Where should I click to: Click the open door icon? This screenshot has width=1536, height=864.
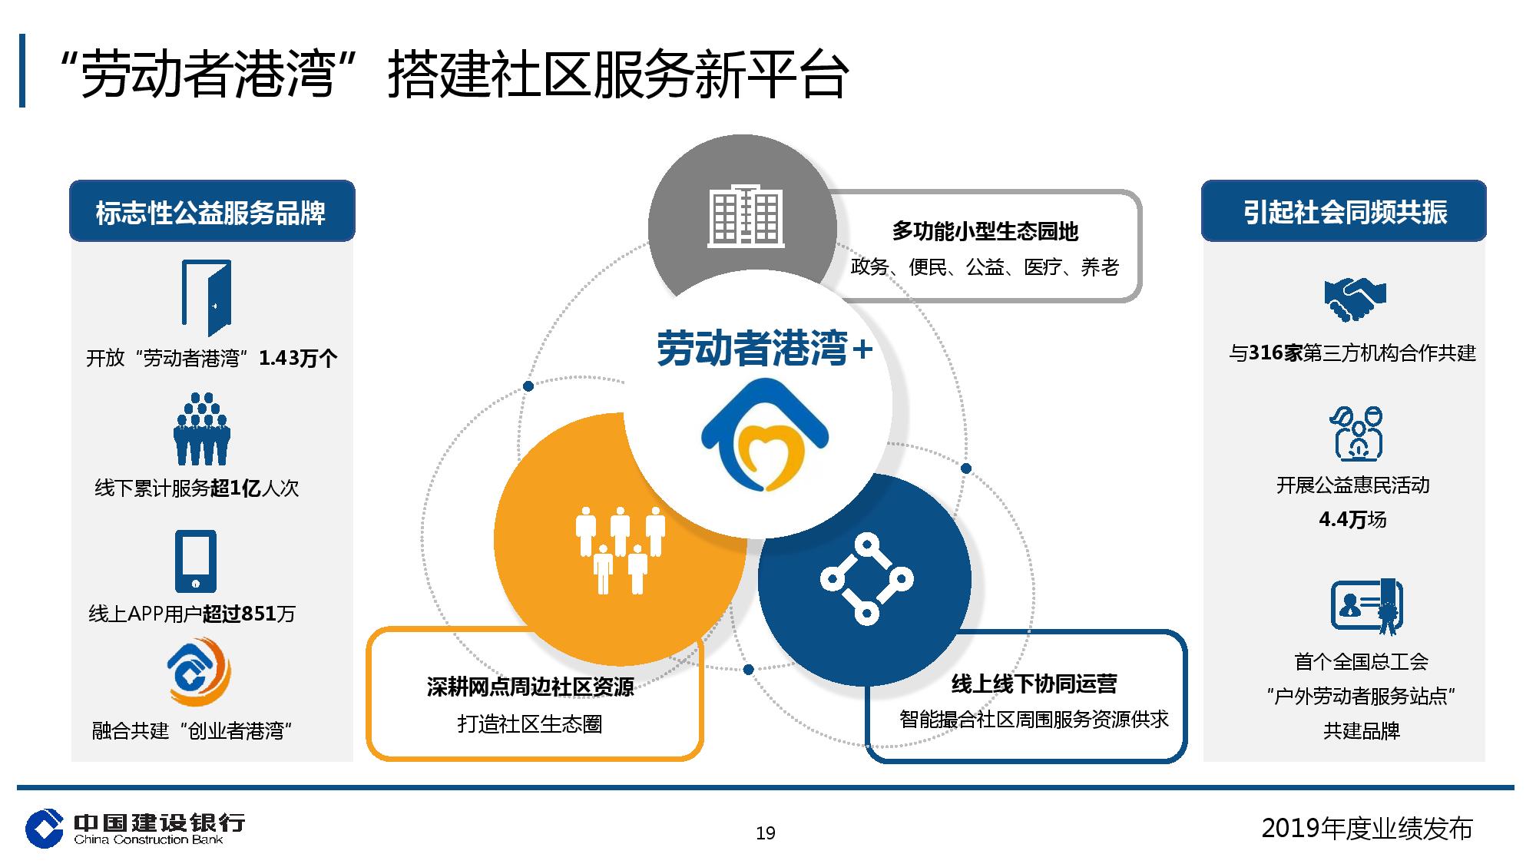207,298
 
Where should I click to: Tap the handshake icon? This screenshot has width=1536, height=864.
1355,299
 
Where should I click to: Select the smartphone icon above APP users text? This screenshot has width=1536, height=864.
195,561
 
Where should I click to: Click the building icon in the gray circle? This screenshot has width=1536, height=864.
746,216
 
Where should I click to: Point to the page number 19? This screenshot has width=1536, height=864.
766,833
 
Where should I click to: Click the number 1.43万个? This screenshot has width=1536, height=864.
298,358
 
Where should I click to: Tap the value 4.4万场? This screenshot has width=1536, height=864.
1353,520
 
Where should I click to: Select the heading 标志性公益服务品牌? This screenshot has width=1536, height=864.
211,213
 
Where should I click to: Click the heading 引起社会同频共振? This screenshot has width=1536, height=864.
1345,212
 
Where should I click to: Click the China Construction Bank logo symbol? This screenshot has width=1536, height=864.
45,829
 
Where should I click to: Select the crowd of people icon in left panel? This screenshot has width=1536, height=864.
202,429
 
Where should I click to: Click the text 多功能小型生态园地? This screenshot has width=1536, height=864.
985,231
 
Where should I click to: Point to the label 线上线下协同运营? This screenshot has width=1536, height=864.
1034,684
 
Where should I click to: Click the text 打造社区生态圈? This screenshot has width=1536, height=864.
530,723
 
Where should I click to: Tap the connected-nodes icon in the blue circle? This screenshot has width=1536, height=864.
866,579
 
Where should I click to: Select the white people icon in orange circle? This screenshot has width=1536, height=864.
621,550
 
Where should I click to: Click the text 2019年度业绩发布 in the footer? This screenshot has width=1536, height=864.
1367,829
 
